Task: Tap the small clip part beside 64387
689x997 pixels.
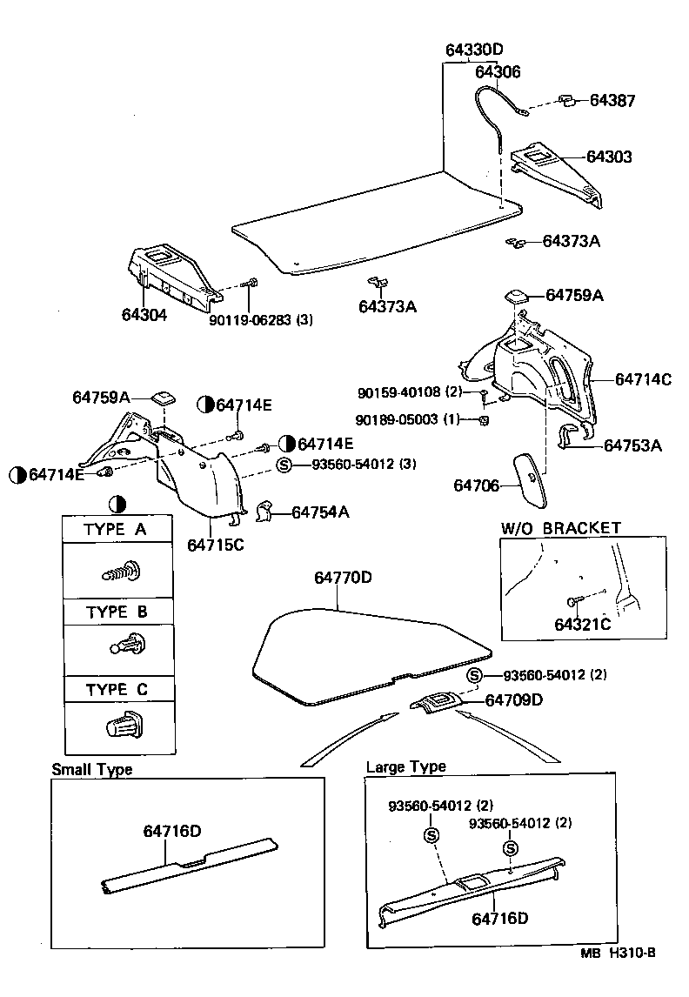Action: [565, 100]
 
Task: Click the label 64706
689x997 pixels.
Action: [477, 485]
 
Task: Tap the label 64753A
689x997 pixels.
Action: [633, 445]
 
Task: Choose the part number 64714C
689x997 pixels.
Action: [643, 379]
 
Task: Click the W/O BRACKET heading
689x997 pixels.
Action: [560, 528]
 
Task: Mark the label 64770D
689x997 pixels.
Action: [343, 578]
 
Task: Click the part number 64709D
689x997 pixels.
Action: [514, 699]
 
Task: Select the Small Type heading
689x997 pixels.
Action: [92, 769]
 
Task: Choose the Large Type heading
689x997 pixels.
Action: [405, 766]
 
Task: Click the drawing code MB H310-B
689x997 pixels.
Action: [619, 977]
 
